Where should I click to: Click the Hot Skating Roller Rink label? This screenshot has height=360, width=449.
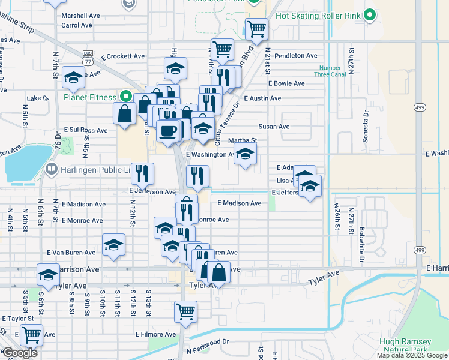319,15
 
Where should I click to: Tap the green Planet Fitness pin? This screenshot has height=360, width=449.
126,96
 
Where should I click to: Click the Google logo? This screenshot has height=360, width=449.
19,353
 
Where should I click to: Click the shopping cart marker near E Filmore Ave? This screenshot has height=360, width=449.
185,311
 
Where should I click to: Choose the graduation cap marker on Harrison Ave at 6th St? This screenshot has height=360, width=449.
48,275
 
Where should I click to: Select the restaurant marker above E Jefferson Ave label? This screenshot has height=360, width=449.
142,174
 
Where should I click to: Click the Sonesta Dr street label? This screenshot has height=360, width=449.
365,125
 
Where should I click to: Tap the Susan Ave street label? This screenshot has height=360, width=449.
274,127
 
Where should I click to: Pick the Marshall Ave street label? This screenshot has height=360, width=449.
80,16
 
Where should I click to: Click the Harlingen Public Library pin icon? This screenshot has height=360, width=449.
52,170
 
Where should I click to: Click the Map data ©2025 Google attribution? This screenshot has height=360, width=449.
412,355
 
